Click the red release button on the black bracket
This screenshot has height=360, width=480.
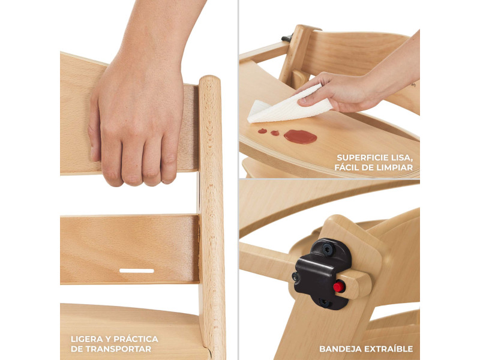(339, 287)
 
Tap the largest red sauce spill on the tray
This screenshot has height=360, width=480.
(301, 137)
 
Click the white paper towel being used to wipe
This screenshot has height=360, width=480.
(289, 104)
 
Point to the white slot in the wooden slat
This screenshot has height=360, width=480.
(137, 271)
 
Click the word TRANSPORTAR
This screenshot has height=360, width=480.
(118, 349)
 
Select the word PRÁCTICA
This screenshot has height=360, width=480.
(136, 338)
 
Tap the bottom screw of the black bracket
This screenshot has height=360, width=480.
(324, 302)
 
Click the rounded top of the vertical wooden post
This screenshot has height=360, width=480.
(209, 80)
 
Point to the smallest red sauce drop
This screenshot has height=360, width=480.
(262, 131)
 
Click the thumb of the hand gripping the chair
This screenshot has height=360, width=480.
(94, 131)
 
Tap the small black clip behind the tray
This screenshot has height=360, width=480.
(287, 38)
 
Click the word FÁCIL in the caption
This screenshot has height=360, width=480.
(347, 167)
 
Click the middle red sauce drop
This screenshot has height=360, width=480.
(275, 133)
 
